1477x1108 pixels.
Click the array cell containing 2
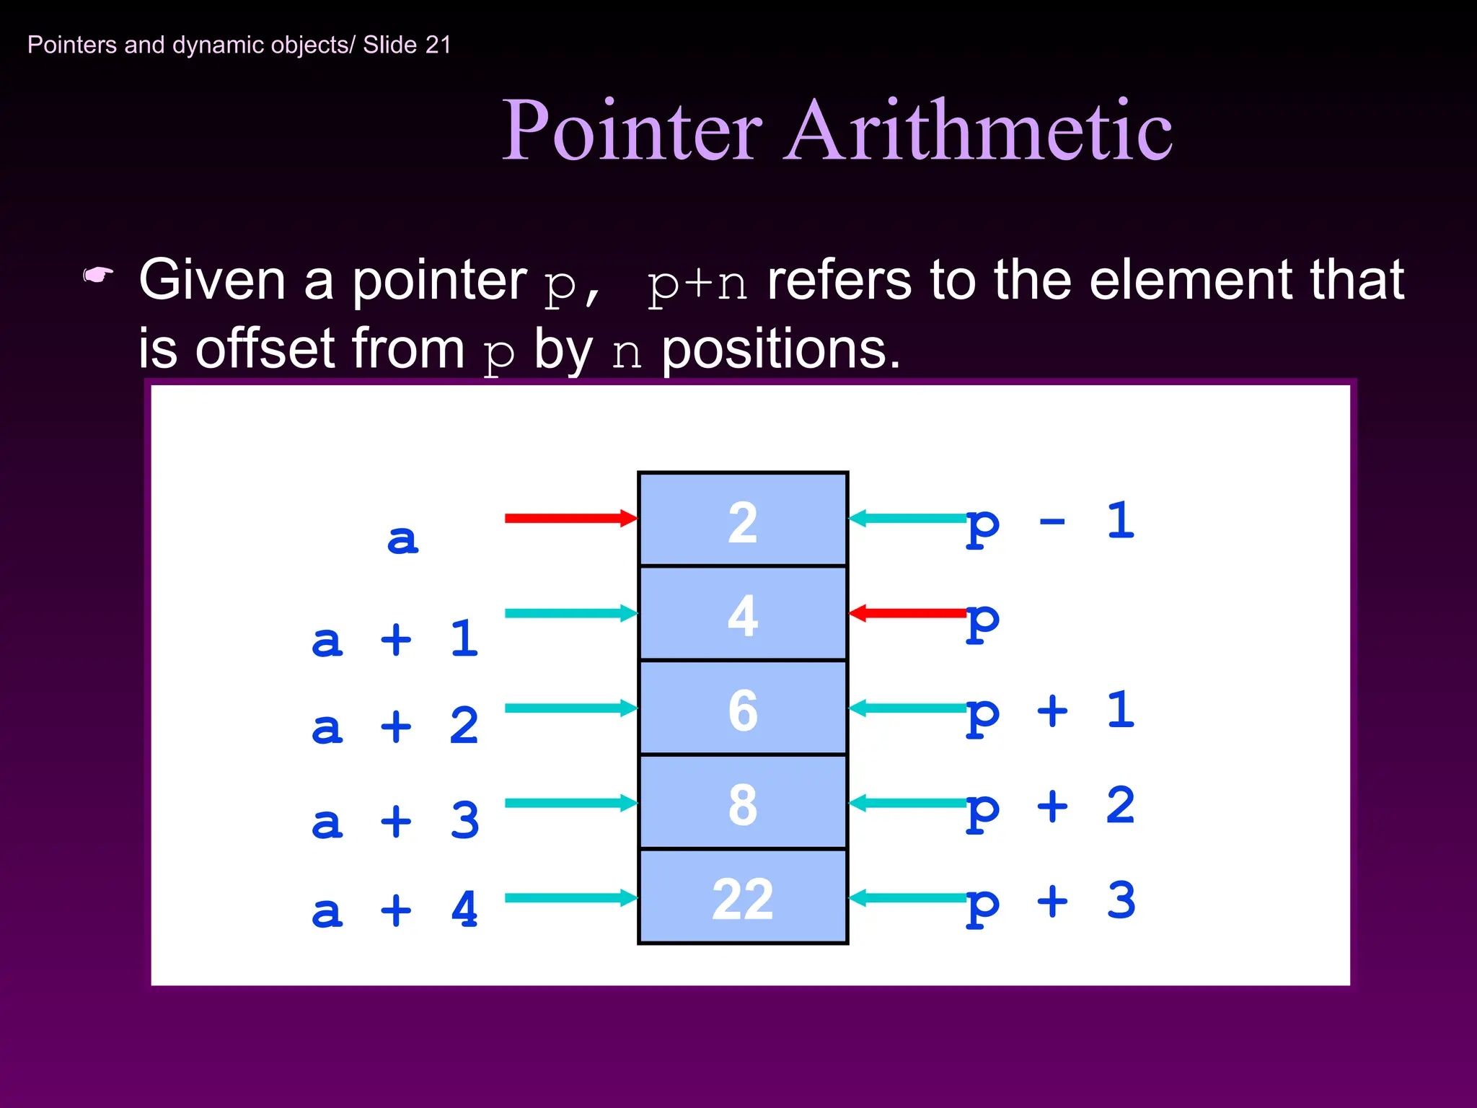[743, 519]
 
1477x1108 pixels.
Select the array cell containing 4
[743, 614]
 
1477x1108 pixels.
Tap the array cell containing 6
[743, 708]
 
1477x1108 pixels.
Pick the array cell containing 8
[743, 803]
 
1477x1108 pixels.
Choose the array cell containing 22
[743, 897]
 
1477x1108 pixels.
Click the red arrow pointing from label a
[570, 518]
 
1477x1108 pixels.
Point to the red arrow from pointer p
[909, 613]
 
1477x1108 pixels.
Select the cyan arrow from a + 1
[570, 613]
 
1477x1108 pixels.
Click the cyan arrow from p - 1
[909, 518]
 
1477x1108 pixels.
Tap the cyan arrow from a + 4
[570, 897]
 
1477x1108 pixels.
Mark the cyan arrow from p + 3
[909, 897]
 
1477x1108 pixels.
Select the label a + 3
[394, 821]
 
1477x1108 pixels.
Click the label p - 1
[1050, 522]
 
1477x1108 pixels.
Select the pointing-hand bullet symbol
[98, 276]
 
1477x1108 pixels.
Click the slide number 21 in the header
[438, 45]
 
